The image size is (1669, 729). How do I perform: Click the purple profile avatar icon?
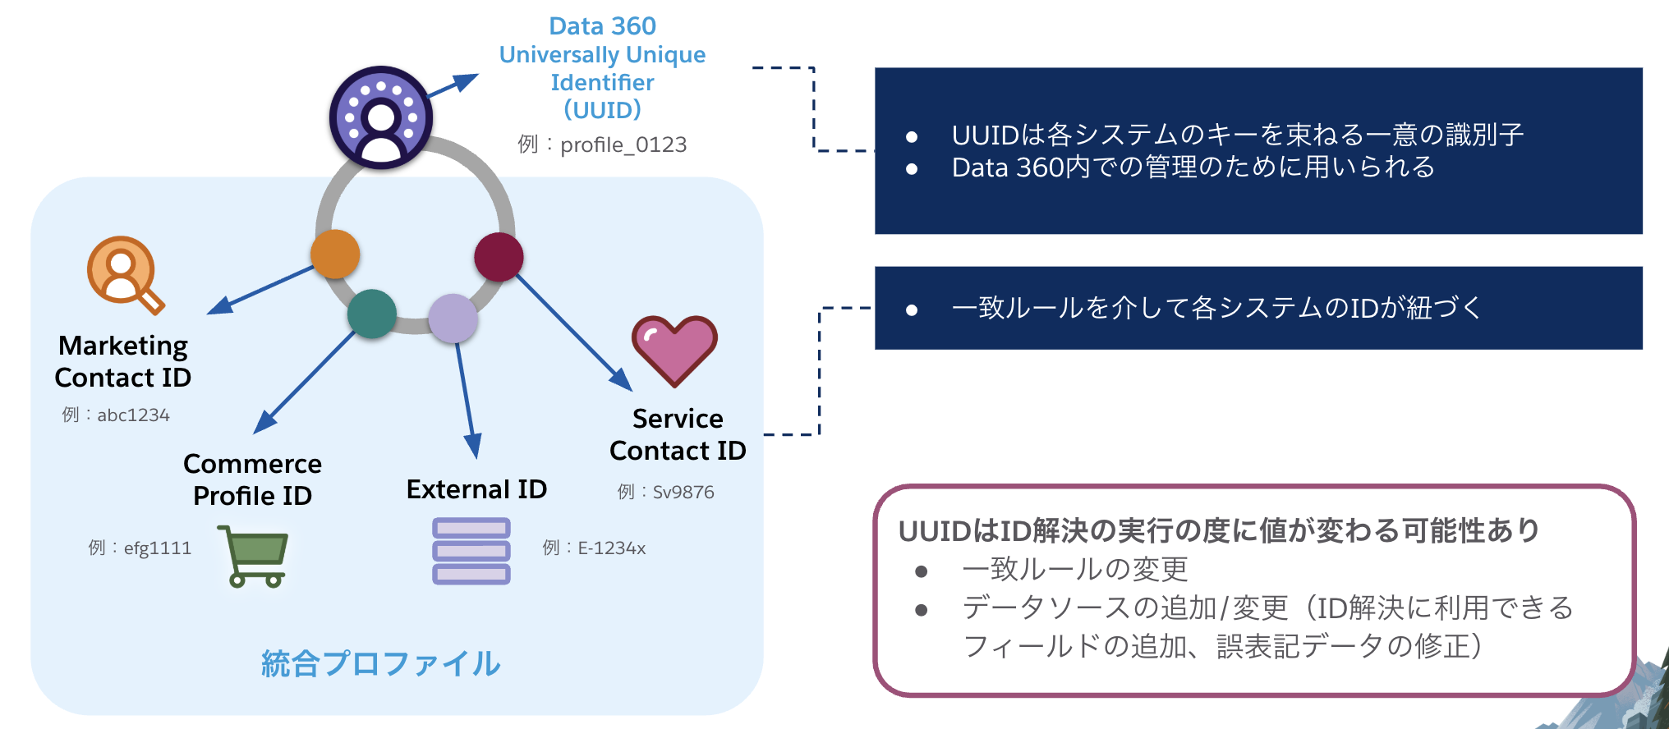(381, 117)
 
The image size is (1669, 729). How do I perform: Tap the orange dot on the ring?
(335, 254)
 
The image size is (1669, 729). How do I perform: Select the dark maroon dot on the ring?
(499, 256)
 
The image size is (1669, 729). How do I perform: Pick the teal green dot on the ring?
(372, 314)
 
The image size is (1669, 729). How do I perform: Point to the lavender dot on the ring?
(453, 319)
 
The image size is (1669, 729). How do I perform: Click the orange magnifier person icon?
(125, 274)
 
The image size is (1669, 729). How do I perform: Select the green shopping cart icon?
(254, 556)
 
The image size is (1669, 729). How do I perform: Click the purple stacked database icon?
(471, 551)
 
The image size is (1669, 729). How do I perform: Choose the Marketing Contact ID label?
(123, 361)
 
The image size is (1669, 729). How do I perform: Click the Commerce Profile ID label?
(252, 479)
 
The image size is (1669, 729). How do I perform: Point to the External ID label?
(476, 489)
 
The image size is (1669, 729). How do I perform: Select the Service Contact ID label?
(678, 434)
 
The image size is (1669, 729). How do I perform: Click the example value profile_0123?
(623, 144)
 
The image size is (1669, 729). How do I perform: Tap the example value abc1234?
(133, 415)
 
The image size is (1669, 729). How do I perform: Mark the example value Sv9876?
(683, 492)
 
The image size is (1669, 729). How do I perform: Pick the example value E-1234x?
(611, 548)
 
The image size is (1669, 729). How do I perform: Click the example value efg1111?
(157, 548)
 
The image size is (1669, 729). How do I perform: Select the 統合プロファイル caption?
(380, 663)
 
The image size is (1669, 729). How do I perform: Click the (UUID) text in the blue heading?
(602, 109)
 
